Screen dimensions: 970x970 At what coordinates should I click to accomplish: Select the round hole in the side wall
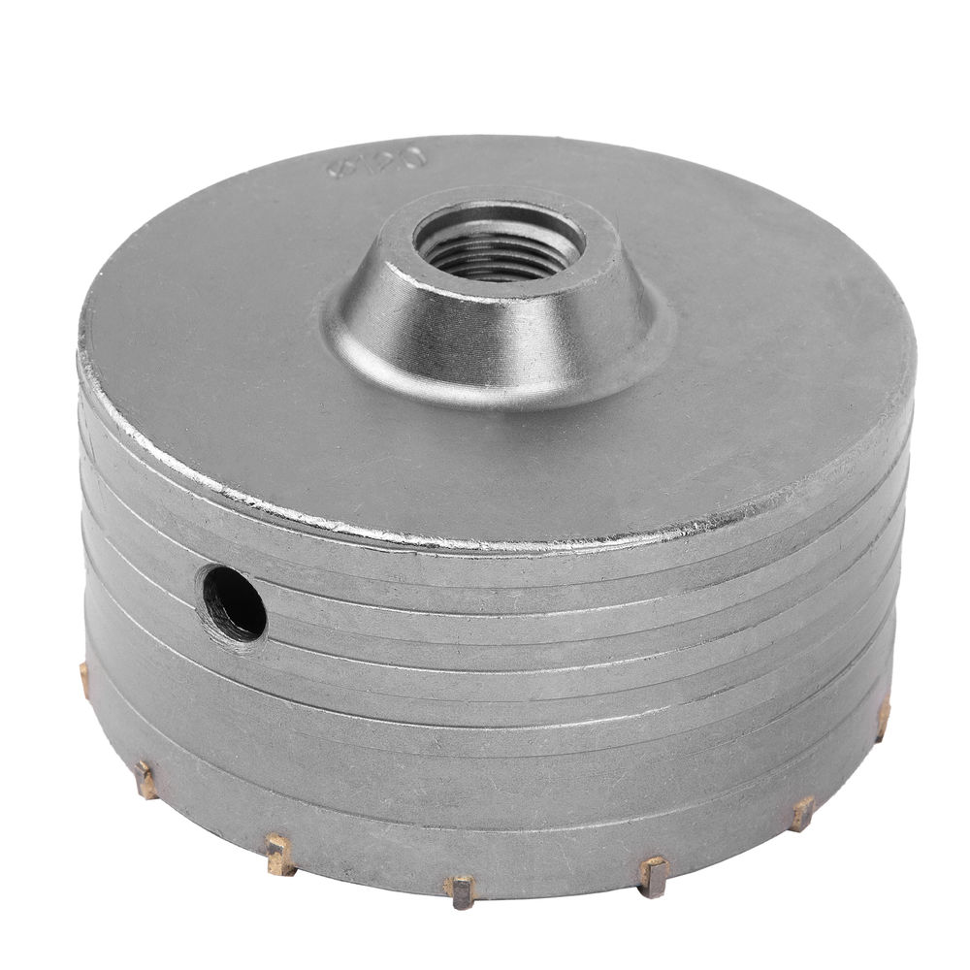(x=233, y=602)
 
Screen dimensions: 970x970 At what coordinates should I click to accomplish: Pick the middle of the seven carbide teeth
(x=461, y=887)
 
